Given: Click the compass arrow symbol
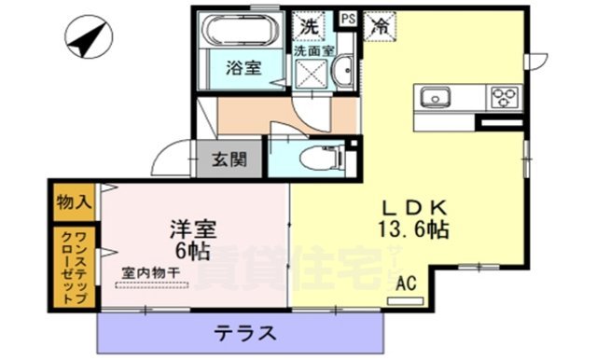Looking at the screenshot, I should (x=87, y=38).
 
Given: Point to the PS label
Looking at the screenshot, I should (x=347, y=17).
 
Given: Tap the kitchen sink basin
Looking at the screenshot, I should (x=437, y=97).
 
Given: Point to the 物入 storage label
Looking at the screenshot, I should (x=74, y=201).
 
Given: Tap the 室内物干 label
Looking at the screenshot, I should (x=150, y=271).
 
